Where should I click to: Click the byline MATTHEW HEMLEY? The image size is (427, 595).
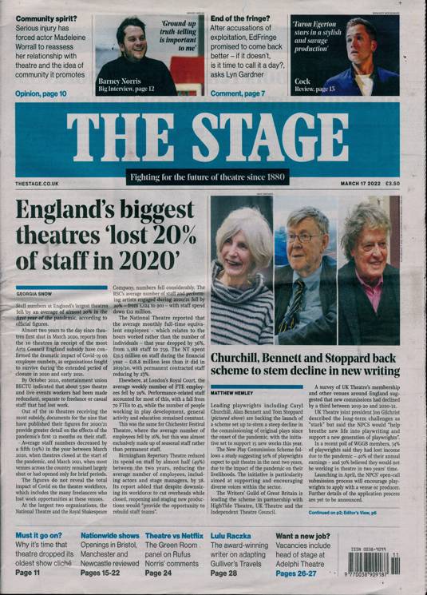point(235,371)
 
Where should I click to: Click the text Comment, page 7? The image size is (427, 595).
point(238,94)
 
